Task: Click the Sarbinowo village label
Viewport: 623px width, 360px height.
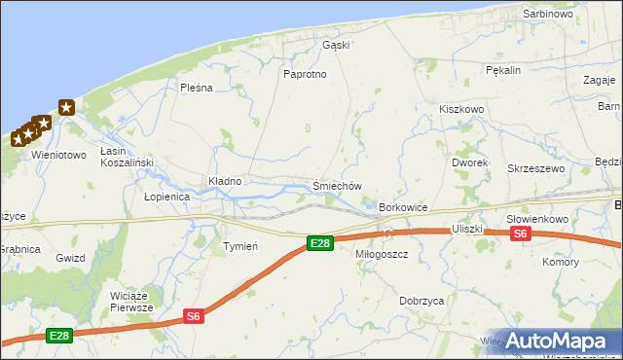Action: (x=548, y=15)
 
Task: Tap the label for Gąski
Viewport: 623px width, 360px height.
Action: (x=336, y=45)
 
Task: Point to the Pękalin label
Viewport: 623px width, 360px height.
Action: (x=504, y=70)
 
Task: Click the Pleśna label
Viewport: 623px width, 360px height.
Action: (x=196, y=88)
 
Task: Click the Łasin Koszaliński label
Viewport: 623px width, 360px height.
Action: (x=123, y=157)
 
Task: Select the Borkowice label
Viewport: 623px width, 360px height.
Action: (x=404, y=208)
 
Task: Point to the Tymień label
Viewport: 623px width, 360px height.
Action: (x=240, y=246)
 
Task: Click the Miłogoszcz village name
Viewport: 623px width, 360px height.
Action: (x=387, y=254)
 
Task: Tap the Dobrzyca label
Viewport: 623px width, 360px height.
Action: (x=421, y=302)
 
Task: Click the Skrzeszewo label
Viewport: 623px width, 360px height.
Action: (x=536, y=168)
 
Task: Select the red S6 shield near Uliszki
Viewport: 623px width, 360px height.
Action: (x=521, y=234)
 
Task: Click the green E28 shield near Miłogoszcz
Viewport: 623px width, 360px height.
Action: (x=319, y=243)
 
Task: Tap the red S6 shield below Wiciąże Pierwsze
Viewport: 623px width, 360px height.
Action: (x=194, y=315)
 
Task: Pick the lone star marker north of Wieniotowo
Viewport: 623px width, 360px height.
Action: (x=65, y=108)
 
